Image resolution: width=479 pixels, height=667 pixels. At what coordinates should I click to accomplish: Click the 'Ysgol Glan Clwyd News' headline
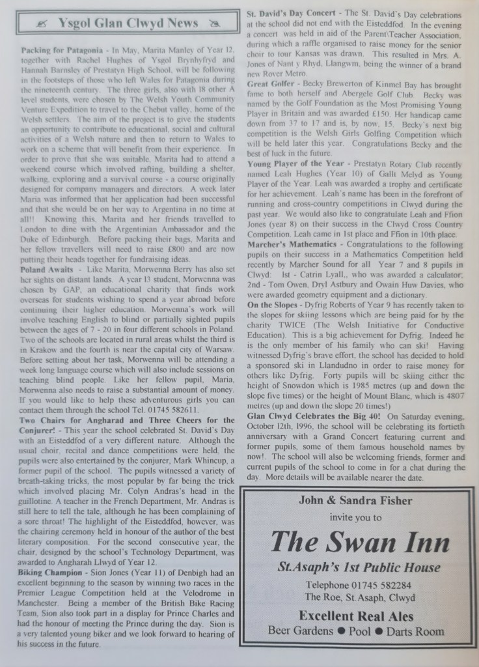point(128,23)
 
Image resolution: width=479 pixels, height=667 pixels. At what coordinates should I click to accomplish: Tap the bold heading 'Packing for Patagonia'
point(61,50)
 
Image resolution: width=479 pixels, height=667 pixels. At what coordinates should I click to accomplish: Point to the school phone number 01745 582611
point(176,410)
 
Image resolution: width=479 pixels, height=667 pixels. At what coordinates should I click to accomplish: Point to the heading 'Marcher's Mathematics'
point(292,244)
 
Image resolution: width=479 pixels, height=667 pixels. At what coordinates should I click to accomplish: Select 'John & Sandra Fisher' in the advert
point(356,500)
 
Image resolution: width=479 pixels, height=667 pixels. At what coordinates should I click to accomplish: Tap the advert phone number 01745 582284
point(355,584)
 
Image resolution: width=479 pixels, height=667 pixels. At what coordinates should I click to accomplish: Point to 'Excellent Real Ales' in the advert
point(356,616)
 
